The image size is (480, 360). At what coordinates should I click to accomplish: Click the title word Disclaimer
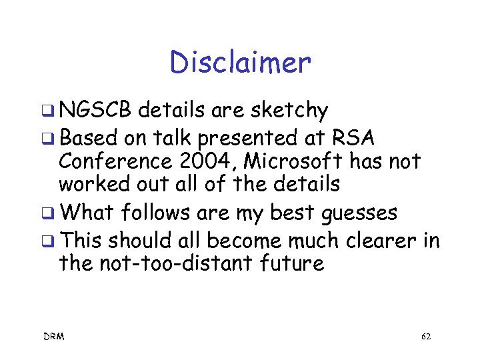[240, 63]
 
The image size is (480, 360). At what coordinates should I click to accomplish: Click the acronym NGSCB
[96, 110]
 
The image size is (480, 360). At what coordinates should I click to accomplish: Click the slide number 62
[426, 337]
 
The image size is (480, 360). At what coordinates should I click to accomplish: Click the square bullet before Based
[49, 138]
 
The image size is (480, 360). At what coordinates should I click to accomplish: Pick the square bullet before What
[49, 214]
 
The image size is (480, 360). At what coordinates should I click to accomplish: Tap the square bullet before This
[49, 240]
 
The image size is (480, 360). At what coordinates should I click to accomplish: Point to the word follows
[156, 213]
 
